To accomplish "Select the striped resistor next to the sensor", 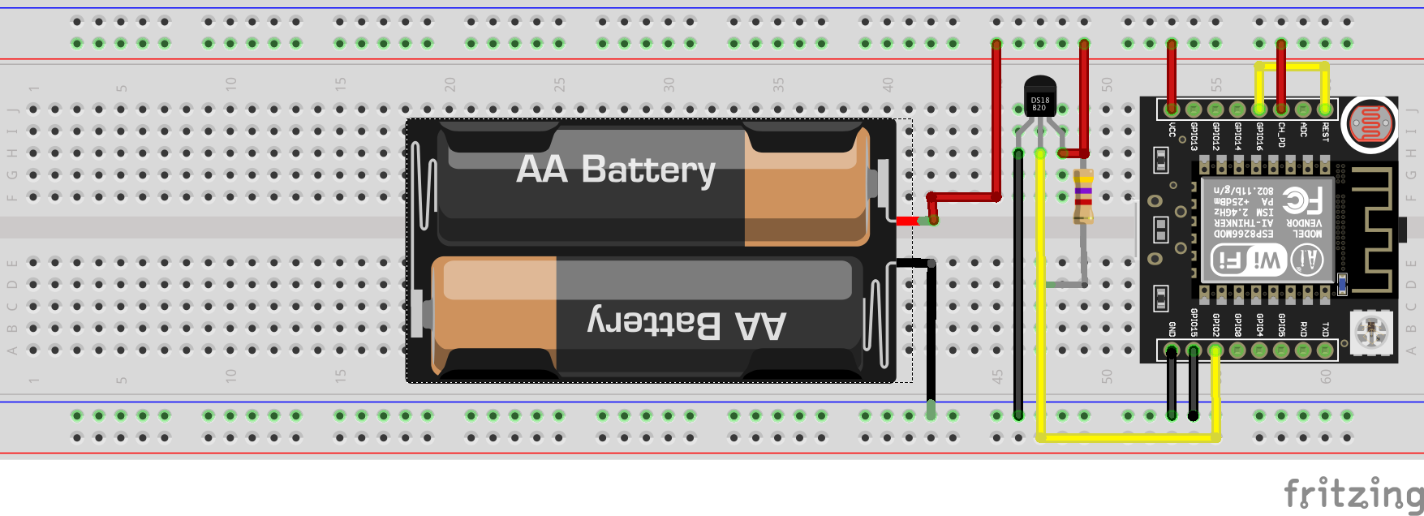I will (x=1082, y=195).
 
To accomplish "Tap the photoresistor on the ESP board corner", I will (x=1369, y=123).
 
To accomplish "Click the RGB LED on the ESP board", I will (x=1370, y=330).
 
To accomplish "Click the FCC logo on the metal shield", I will (x=1301, y=200).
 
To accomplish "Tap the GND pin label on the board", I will (x=1172, y=329).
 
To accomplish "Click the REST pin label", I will (x=1325, y=131).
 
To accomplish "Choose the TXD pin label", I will (x=1325, y=329).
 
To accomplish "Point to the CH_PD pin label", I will (x=1281, y=134).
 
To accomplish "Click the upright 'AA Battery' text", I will (x=616, y=170).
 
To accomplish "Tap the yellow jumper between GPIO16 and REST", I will (x=1292, y=67).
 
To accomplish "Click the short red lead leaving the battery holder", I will (x=907, y=221).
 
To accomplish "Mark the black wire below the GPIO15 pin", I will (x=1194, y=385).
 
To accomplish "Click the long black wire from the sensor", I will (x=1018, y=284).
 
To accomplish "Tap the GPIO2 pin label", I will (x=1215, y=323).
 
